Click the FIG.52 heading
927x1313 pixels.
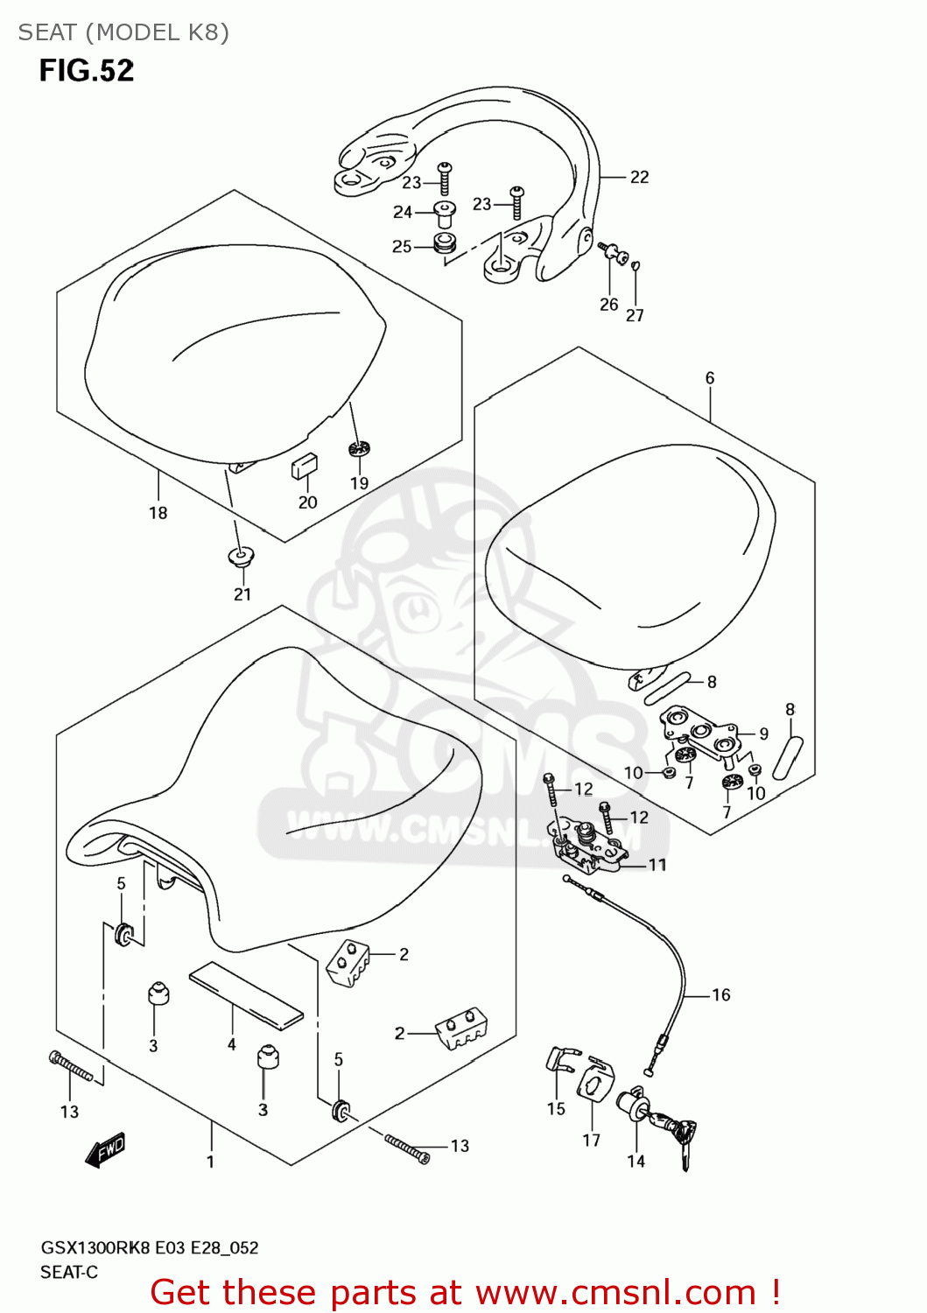[86, 70]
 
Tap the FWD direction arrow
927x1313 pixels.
[106, 1150]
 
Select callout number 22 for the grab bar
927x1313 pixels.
[640, 177]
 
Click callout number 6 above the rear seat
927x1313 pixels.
[710, 378]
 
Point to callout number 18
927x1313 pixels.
[158, 513]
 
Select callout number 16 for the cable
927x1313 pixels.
[720, 994]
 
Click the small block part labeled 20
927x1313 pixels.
[304, 466]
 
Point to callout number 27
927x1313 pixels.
[635, 315]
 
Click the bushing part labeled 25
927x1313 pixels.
[446, 244]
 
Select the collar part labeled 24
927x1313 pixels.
[445, 213]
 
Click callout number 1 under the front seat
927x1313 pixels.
[210, 1162]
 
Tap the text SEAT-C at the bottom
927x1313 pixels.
[69, 1272]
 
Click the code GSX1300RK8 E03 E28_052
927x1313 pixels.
[150, 1247]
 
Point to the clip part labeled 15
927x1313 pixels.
[559, 1060]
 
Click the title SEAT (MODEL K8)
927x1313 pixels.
[123, 32]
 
